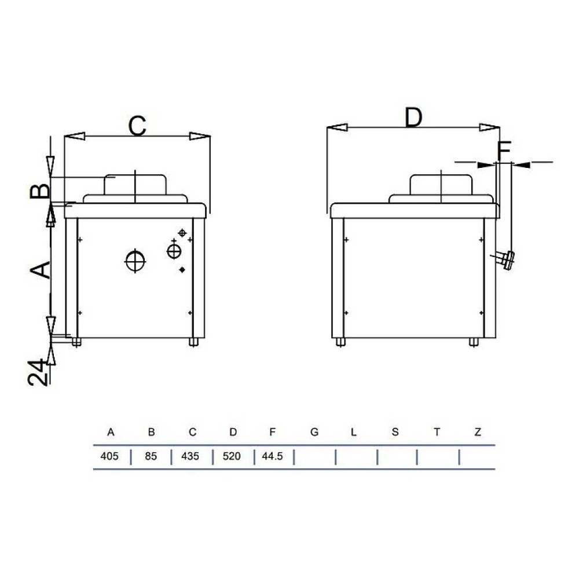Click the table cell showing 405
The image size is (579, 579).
(109, 456)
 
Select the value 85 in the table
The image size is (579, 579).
(151, 456)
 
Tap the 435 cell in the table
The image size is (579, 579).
(190, 456)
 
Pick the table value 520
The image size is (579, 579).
(232, 456)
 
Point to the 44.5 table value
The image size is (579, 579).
(273, 456)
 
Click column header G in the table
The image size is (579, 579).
(314, 432)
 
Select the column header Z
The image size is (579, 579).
(478, 432)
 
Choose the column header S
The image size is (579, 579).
(395, 432)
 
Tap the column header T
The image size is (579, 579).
(437, 432)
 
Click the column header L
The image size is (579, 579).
(353, 432)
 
